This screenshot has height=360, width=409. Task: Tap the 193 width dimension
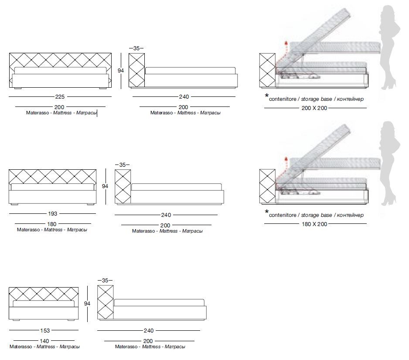pos(52,214)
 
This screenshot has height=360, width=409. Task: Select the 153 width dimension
pos(44,331)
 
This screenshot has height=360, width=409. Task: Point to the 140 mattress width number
pos(44,341)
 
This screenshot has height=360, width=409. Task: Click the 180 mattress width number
pos(52,224)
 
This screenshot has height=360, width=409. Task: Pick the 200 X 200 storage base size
pos(314,108)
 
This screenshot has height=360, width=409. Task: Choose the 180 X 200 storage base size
pos(314,224)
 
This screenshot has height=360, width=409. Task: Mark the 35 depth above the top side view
pos(136,48)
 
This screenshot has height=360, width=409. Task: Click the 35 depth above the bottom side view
pos(105,280)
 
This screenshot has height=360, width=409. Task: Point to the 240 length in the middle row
pos(166,215)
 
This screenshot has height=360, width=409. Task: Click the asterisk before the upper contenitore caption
pos(266,96)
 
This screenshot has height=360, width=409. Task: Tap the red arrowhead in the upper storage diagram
pos(286,42)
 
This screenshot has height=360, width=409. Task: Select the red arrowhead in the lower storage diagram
pos(286,159)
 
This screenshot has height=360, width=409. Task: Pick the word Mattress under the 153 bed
pos(46,347)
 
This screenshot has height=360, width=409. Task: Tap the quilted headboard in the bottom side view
pos(105,301)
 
